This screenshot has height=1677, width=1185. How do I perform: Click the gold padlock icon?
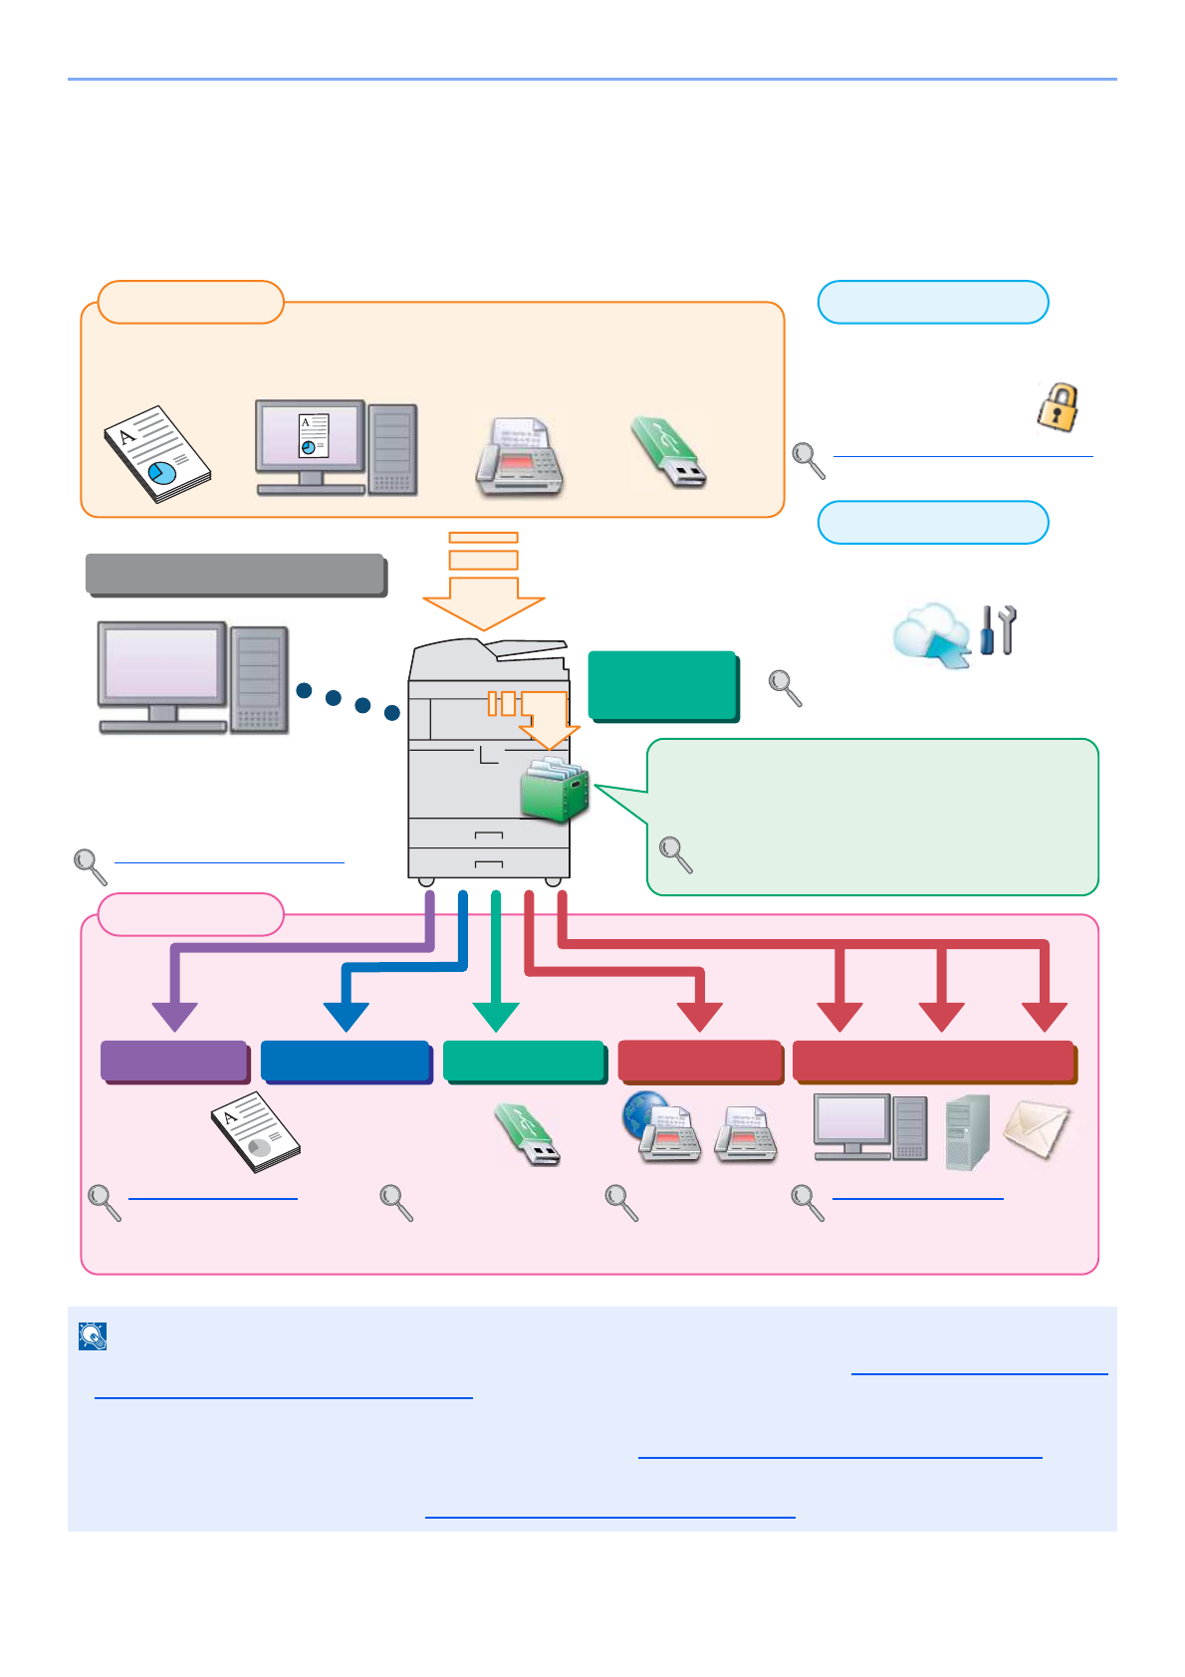(x=1059, y=406)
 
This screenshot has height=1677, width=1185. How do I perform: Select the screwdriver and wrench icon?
(x=998, y=630)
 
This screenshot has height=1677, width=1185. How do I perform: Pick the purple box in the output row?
(x=174, y=1062)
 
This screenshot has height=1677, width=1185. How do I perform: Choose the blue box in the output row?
(x=346, y=1062)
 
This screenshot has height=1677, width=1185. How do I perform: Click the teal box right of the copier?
(x=663, y=685)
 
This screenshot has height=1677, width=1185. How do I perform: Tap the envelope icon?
(x=1036, y=1129)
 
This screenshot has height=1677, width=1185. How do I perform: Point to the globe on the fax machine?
(x=643, y=1113)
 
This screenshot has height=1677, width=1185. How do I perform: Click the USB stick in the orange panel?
(x=668, y=453)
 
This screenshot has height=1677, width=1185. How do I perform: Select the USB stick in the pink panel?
(x=528, y=1134)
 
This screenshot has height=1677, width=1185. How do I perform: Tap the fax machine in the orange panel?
(x=519, y=457)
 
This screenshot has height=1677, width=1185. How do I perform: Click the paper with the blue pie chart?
(x=157, y=453)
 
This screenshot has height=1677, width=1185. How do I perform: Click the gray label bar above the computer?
(x=236, y=575)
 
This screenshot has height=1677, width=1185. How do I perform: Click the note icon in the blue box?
(x=93, y=1336)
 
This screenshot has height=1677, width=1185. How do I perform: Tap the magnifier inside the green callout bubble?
(x=676, y=854)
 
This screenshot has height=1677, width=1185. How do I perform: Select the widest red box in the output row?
(x=934, y=1062)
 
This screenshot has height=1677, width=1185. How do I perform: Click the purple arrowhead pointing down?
(x=175, y=1016)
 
